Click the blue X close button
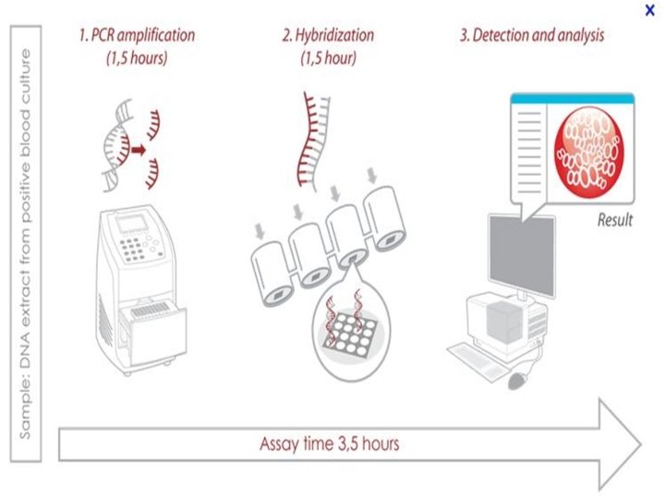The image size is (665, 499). [650, 10]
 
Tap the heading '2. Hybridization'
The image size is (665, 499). [328, 38]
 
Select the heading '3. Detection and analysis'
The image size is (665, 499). [533, 38]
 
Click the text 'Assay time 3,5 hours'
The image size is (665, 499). [330, 443]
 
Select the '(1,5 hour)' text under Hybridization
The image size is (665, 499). [328, 60]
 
